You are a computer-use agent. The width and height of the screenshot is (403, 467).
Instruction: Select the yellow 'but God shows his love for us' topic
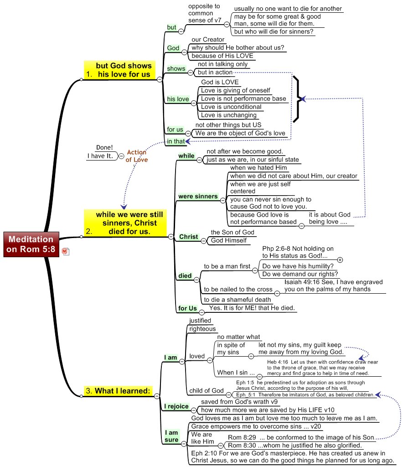tap(119, 70)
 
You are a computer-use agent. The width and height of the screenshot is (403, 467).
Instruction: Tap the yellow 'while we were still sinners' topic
tap(125, 223)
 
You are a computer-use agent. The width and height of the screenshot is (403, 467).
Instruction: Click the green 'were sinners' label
tap(198, 197)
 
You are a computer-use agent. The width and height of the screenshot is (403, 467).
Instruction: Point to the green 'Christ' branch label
tap(188, 237)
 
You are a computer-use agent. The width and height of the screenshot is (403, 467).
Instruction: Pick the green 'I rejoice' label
tap(176, 406)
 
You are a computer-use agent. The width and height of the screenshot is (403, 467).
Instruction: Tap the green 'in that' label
tap(176, 141)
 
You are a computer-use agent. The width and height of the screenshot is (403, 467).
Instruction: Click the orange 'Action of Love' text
tap(137, 156)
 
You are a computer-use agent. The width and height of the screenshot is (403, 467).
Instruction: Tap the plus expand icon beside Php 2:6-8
tap(340, 259)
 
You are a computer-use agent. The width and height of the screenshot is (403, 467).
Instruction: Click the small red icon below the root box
tap(65, 251)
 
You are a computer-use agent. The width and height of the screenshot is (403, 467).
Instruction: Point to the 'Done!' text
tap(104, 148)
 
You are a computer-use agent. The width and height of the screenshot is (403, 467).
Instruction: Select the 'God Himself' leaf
tap(228, 240)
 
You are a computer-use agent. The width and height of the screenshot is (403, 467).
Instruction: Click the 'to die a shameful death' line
tap(237, 300)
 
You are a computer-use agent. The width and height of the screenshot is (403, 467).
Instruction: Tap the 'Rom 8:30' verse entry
tap(294, 445)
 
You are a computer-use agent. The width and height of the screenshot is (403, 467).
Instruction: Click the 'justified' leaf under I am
tap(200, 321)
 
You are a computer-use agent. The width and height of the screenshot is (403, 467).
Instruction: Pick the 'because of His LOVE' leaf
tap(222, 56)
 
